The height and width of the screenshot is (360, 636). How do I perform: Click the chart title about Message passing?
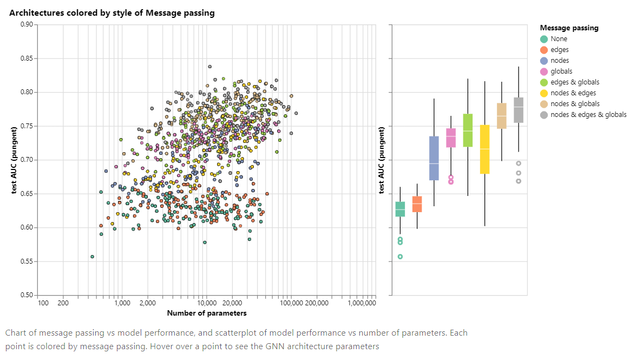112,13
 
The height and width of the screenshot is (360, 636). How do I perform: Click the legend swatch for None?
544,39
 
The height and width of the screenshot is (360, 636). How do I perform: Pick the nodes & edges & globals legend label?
588,115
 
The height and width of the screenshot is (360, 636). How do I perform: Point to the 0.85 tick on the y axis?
27,58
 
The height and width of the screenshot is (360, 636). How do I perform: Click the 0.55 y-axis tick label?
27,261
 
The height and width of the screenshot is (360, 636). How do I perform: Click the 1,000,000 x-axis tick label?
361,303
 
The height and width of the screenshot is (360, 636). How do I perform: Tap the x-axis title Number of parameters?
207,313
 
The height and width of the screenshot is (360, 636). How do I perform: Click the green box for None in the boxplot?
400,209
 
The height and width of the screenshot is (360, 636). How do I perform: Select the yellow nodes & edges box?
484,149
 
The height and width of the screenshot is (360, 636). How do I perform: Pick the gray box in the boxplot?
519,110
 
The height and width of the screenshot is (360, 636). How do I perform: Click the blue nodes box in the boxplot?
434,158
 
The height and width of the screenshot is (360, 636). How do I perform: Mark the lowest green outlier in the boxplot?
400,257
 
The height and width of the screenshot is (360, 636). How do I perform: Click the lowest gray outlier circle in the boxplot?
519,181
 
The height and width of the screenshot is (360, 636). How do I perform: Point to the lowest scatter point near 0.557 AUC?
93,257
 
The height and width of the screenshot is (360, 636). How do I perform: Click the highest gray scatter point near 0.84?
209,67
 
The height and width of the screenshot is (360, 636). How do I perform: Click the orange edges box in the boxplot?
417,204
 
